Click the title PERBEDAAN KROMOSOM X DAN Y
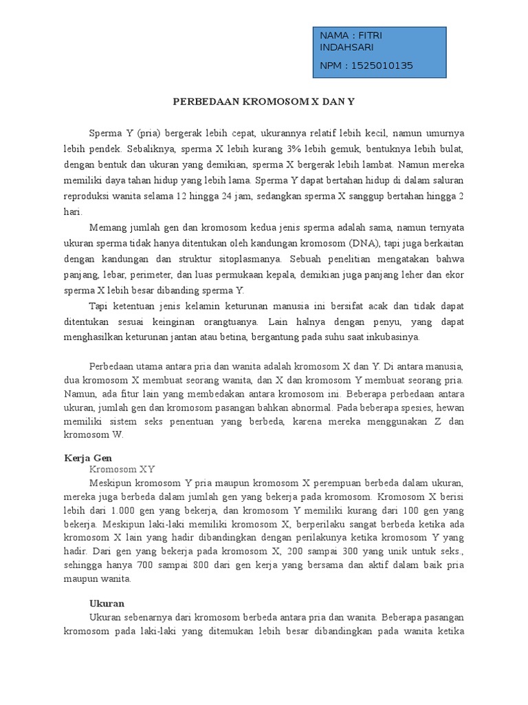coord(263,101)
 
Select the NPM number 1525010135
coord(382,66)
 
